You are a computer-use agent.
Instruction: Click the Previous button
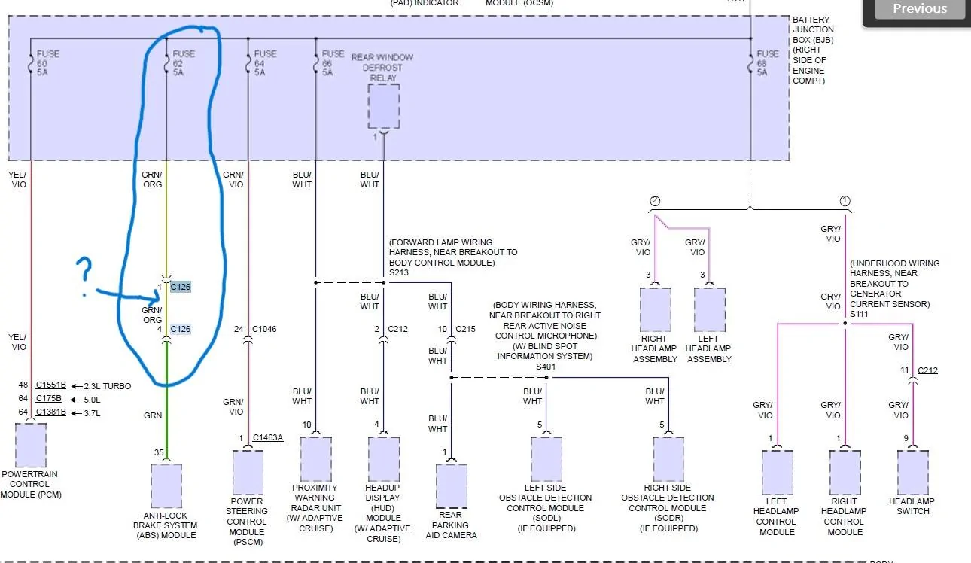[x=919, y=9]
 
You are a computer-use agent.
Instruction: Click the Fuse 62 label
[x=184, y=62]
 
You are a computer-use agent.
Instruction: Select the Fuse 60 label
[x=47, y=62]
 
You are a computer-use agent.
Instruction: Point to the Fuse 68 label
[x=767, y=62]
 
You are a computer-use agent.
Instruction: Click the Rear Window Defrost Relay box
[x=384, y=107]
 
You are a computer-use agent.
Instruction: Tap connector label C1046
[x=264, y=329]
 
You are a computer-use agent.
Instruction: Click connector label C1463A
[x=267, y=437]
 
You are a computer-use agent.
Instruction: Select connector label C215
[x=465, y=329]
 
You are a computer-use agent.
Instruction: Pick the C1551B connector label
[x=50, y=385]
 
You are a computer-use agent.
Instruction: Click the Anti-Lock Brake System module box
[x=166, y=485]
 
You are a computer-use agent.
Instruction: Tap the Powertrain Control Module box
[x=31, y=445]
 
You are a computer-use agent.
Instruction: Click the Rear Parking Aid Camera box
[x=452, y=486]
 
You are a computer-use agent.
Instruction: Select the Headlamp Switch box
[x=912, y=473]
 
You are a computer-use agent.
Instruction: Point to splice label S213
[x=398, y=272]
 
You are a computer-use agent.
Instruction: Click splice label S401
[x=546, y=367]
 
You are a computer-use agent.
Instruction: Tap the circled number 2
[x=655, y=201]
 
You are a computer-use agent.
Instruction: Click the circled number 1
[x=845, y=201]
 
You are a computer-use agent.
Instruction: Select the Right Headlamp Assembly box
[x=655, y=309]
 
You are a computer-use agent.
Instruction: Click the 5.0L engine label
[x=92, y=400]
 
